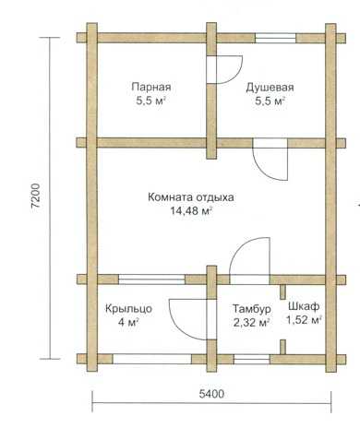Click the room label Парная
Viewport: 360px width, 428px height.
151,87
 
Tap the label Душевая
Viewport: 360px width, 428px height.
270,88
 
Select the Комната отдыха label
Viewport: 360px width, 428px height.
191,197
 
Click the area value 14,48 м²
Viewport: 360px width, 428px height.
191,211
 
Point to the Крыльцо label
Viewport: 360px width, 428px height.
128,308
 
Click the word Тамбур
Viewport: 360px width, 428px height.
252,309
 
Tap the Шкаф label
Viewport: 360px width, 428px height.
304,306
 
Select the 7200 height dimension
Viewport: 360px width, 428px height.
36,196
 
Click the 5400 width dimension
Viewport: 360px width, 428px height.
211,394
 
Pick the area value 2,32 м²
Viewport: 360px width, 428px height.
252,323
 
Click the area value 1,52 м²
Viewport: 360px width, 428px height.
305,320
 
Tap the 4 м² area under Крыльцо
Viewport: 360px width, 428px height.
128,323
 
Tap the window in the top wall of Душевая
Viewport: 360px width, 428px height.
275,38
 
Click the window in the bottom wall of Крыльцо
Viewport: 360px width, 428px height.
151,359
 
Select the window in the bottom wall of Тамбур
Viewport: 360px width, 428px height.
252,359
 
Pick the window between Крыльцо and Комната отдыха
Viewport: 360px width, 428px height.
151,279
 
